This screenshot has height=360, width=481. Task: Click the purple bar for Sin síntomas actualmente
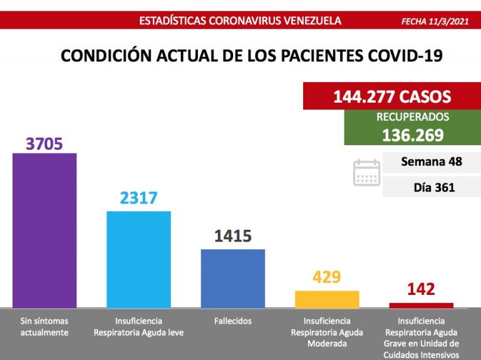pos(44,230)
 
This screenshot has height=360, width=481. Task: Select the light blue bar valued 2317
pos(138,259)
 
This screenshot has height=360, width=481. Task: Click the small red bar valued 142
pos(421,306)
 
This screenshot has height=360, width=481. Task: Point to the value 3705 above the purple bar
pos(44,143)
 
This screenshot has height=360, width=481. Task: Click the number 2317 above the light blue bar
pos(138,198)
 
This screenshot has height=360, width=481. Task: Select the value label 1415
pos(232,236)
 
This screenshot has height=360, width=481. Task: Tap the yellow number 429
pos(326,277)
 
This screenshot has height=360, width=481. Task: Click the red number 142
pos(421,289)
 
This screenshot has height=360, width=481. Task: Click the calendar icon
pos(366,173)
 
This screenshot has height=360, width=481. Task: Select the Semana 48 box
pos(432,162)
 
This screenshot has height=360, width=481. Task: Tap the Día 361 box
pos(432,187)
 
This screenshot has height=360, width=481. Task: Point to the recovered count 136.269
pos(413,135)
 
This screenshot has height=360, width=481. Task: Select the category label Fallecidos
pos(232,321)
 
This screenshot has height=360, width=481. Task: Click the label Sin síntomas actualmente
pos(44,327)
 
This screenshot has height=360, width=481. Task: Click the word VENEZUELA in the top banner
pos(310,20)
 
